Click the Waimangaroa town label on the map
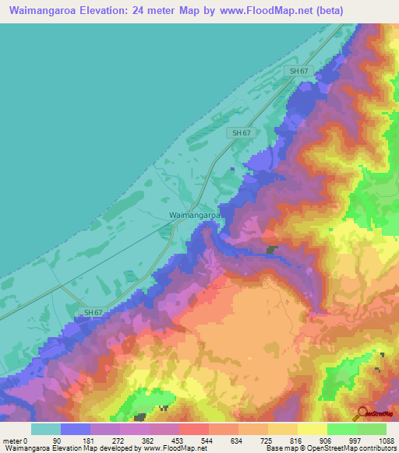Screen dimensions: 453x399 (195, 215)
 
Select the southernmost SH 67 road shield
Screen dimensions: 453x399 (92, 312)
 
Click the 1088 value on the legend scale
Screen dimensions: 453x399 (386, 440)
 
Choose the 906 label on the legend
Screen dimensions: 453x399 (327, 440)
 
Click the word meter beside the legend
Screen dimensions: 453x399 (13, 440)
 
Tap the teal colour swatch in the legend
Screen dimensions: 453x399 (46, 429)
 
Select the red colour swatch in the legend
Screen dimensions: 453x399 (194, 429)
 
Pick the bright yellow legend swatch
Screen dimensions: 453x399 (312, 429)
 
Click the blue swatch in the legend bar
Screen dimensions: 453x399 (76, 429)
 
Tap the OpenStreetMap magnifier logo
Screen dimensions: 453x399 (362, 413)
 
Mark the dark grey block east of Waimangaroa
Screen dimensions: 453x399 (271, 250)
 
